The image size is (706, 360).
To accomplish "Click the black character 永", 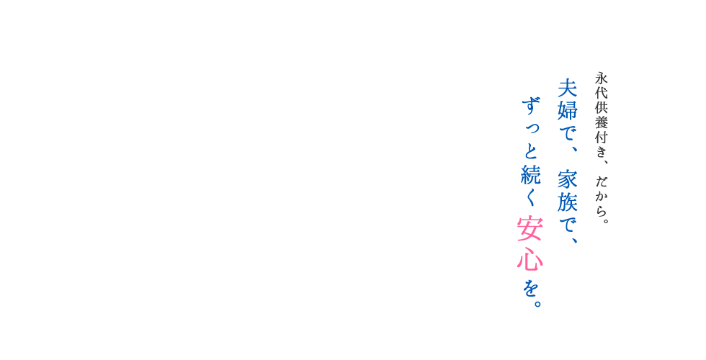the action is pyautogui.click(x=602, y=78).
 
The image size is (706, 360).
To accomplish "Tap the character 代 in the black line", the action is pyautogui.click(x=602, y=93).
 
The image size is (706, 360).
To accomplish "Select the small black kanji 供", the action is pyautogui.click(x=602, y=108).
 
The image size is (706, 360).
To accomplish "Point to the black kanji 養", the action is pyautogui.click(x=602, y=123).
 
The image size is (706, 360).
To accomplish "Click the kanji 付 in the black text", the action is pyautogui.click(x=602, y=138).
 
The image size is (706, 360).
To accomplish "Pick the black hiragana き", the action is pyautogui.click(x=602, y=151).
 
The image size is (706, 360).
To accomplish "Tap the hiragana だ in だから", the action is pyautogui.click(x=602, y=181).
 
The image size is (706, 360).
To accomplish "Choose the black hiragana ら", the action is pyautogui.click(x=602, y=210).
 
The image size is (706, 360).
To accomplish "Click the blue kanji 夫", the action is pyautogui.click(x=568, y=88).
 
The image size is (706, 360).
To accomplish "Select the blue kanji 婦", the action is pyautogui.click(x=568, y=111).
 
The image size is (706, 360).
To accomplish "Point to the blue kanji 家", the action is pyautogui.click(x=568, y=179).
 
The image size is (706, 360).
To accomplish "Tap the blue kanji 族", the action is pyautogui.click(x=568, y=202).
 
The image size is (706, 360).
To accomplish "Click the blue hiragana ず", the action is pyautogui.click(x=532, y=107).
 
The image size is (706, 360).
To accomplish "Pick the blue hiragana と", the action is pyautogui.click(x=532, y=152).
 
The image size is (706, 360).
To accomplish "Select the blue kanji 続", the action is pyautogui.click(x=532, y=174).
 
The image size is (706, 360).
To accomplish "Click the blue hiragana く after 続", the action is pyautogui.click(x=532, y=196).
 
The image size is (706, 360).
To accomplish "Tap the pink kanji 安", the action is pyautogui.click(x=530, y=230).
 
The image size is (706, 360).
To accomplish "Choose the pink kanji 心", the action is pyautogui.click(x=530, y=258).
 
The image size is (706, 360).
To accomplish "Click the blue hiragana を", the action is pyautogui.click(x=530, y=287).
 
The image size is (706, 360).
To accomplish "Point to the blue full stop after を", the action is pyautogui.click(x=536, y=303).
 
